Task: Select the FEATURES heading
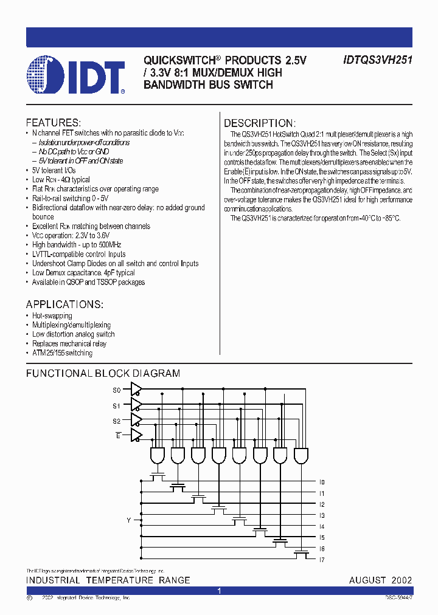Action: [x=53, y=122]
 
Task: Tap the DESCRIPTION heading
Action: [x=259, y=123]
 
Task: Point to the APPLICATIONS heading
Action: [x=64, y=304]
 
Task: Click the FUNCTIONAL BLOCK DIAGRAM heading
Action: [x=103, y=374]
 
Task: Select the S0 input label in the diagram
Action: [x=117, y=390]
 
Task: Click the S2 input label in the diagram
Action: [x=117, y=421]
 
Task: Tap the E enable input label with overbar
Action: [x=119, y=435]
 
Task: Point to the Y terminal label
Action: [x=128, y=520]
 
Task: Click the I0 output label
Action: [x=322, y=483]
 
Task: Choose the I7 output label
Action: [x=322, y=560]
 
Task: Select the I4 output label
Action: [x=322, y=527]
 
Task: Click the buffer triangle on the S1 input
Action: [x=137, y=405]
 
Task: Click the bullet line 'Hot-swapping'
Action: [x=52, y=316]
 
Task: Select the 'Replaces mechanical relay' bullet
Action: [x=69, y=344]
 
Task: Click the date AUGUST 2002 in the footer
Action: [x=380, y=580]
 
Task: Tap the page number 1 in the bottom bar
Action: [x=219, y=591]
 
